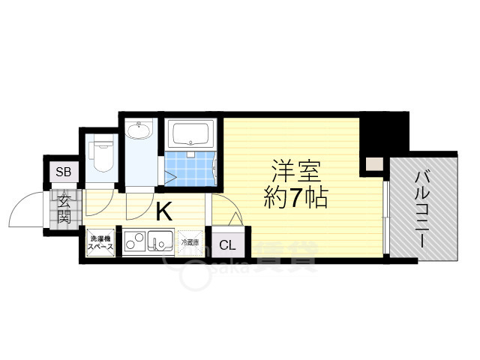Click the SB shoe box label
tap(64, 172)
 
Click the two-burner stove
tap(135, 242)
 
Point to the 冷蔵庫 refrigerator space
tap(190, 242)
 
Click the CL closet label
tap(227, 244)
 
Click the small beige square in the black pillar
tap(372, 163)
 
